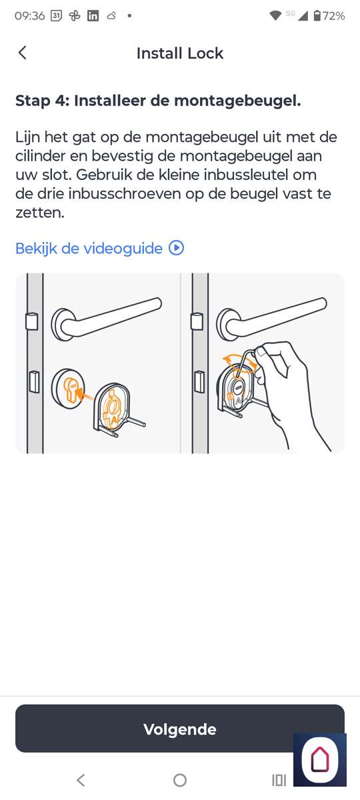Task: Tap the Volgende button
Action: pyautogui.click(x=179, y=729)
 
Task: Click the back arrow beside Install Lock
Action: pyautogui.click(x=22, y=53)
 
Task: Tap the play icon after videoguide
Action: pyautogui.click(x=177, y=248)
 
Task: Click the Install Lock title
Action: pyautogui.click(x=179, y=53)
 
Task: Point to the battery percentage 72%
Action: pyautogui.click(x=333, y=16)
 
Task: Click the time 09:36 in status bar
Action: pyautogui.click(x=29, y=16)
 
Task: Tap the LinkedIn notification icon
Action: pyautogui.click(x=93, y=16)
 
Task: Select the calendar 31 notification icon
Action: pyautogui.click(x=57, y=16)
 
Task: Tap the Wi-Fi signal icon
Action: pyautogui.click(x=275, y=16)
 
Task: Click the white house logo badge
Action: pyautogui.click(x=319, y=759)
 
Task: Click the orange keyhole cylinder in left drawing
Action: pyautogui.click(x=71, y=391)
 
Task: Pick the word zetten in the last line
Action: pyautogui.click(x=39, y=213)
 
